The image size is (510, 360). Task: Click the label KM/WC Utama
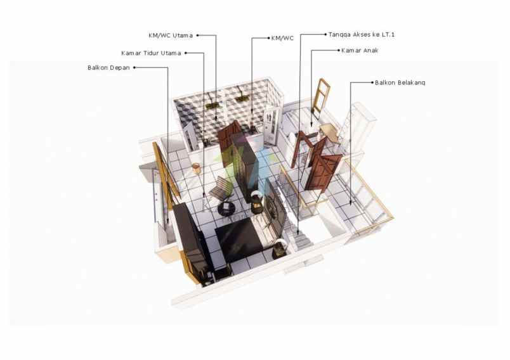point(171,35)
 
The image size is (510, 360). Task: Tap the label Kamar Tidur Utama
point(151,53)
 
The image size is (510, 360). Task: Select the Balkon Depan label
point(108,68)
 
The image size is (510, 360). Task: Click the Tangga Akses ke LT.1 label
point(362,34)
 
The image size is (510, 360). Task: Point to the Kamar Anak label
point(360,50)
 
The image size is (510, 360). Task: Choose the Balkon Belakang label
point(400,82)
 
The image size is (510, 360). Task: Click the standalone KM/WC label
point(282,38)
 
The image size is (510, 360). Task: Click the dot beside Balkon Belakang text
point(372,82)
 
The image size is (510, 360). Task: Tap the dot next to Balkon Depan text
point(134,68)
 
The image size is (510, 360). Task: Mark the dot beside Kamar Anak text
point(339,50)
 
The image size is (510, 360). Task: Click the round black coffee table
point(226,208)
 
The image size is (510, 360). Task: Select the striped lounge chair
point(221,188)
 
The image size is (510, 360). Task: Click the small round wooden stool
point(196,168)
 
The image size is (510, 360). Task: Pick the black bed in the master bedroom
point(240,237)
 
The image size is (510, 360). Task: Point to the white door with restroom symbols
point(271,125)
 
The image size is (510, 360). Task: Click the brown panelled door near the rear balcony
point(323,172)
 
